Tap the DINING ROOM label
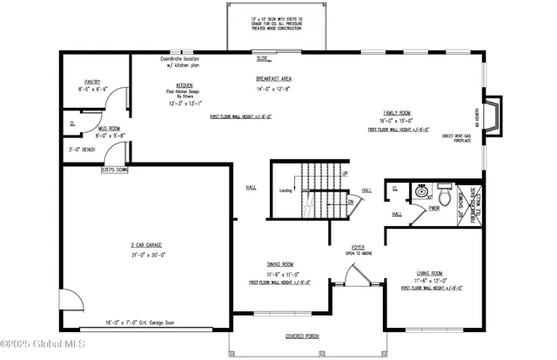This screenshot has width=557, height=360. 279,264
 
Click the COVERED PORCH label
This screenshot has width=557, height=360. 305,336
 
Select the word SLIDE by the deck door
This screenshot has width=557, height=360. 263,59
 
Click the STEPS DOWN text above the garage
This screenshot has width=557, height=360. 114,170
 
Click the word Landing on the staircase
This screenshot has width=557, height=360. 285,190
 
